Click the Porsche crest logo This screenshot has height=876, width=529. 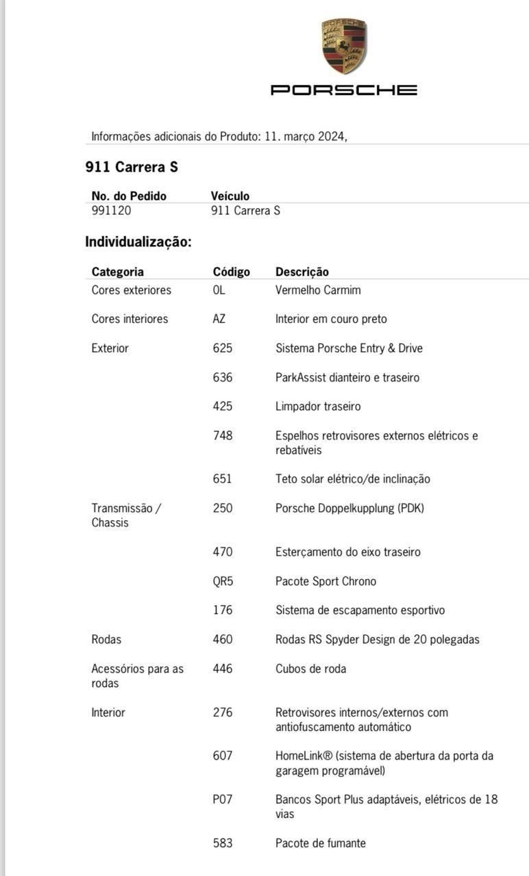(344, 46)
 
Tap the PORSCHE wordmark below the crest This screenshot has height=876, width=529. (344, 90)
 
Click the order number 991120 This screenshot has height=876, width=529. (111, 211)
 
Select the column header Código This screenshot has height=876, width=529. (231, 272)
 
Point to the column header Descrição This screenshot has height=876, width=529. (302, 272)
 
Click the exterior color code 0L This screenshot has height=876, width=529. (219, 290)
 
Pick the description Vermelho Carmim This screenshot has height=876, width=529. (318, 290)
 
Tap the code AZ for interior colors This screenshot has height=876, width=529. (219, 319)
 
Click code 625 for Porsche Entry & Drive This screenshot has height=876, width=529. (222, 348)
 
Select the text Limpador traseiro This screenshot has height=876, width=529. (318, 407)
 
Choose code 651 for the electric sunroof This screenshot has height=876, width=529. (222, 479)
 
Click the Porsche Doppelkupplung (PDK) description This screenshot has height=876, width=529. (349, 508)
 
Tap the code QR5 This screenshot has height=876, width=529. (223, 581)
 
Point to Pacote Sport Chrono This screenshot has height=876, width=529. (325, 581)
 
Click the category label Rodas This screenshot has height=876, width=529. (106, 639)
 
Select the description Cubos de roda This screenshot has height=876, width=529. (310, 669)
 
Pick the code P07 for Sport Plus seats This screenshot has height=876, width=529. (222, 799)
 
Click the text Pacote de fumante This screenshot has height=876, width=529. (321, 843)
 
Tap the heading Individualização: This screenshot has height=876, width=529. (138, 242)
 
